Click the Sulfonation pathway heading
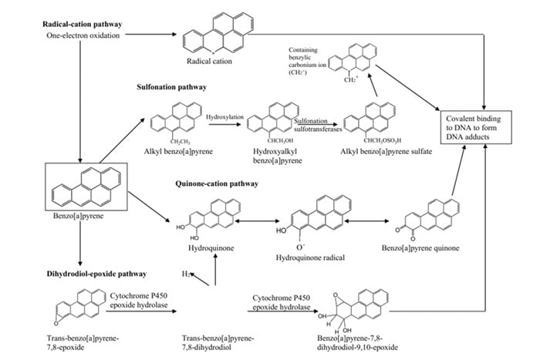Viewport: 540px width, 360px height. coord(171,88)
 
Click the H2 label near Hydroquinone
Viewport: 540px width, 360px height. coord(185,274)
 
